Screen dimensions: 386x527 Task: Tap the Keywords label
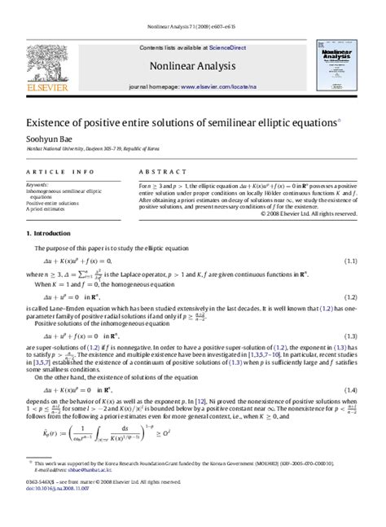[x=37, y=185]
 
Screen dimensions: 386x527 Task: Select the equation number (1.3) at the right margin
[x=351, y=336]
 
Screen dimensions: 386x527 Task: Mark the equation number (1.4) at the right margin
[x=351, y=390]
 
